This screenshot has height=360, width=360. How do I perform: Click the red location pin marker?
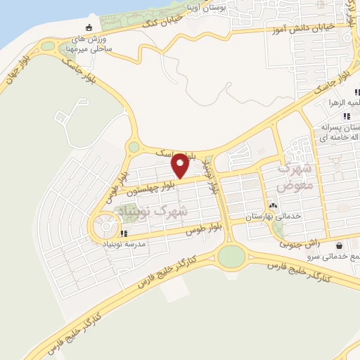pyautogui.click(x=180, y=165)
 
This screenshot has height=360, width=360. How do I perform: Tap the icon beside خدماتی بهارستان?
pyautogui.click(x=273, y=205)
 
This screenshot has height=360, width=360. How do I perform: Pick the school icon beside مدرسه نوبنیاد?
pyautogui.click(x=124, y=233)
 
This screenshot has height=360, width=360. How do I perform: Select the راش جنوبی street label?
pyautogui.click(x=300, y=245)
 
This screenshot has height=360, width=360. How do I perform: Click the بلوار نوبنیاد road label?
pyautogui.click(x=212, y=176)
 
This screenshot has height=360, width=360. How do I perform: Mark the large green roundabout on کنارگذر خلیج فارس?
pyautogui.click(x=231, y=257)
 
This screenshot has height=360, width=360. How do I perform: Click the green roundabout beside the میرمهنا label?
pyautogui.click(x=49, y=46)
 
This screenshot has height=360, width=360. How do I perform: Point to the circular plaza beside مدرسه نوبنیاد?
pyautogui.click(x=106, y=226)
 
